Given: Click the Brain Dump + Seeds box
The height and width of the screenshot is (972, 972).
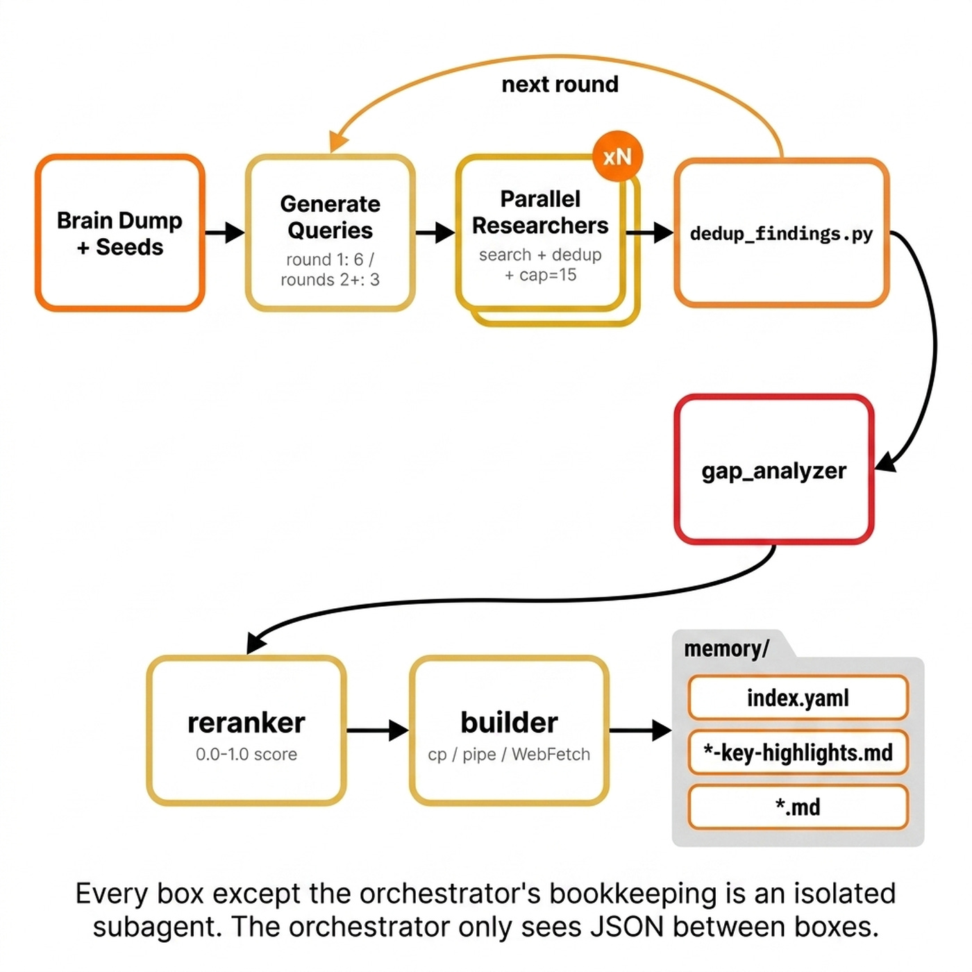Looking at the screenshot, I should click(119, 233).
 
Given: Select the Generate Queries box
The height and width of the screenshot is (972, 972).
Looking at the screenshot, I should click(330, 233).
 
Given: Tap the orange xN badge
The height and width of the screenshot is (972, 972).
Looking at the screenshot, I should click(617, 157).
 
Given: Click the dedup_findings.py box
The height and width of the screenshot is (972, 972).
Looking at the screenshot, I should click(781, 233).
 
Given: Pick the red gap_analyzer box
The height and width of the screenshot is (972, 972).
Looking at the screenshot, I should click(773, 470).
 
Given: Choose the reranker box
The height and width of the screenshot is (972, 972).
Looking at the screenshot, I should click(246, 730).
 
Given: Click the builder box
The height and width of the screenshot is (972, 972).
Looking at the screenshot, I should click(509, 730).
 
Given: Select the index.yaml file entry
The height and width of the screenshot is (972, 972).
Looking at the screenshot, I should click(798, 698).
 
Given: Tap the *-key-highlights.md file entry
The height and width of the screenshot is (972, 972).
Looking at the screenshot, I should click(798, 753).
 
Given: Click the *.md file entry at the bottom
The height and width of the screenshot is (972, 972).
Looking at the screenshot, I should click(798, 807).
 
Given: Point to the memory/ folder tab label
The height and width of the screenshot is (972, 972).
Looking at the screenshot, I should click(726, 648).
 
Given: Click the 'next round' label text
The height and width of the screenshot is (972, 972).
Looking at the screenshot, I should click(560, 84).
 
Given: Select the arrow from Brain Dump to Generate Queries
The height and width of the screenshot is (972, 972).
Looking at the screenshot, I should click(225, 233).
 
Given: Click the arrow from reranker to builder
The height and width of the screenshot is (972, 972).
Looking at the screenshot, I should click(377, 730).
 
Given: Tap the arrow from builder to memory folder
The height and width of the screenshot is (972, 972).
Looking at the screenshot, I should click(640, 730).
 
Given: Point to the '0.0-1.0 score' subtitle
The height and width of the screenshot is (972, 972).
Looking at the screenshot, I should click(246, 754).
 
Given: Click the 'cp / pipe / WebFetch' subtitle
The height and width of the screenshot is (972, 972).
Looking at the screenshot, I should click(509, 754).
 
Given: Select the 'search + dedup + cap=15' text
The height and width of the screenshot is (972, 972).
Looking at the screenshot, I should click(540, 265).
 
